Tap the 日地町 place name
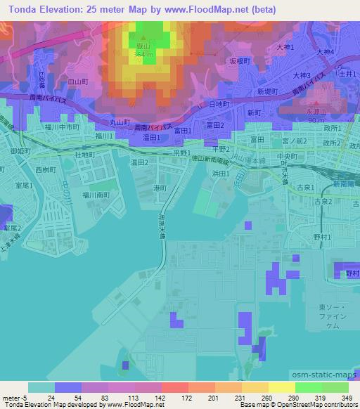[x=219, y=104]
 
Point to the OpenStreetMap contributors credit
[x=316, y=405]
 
